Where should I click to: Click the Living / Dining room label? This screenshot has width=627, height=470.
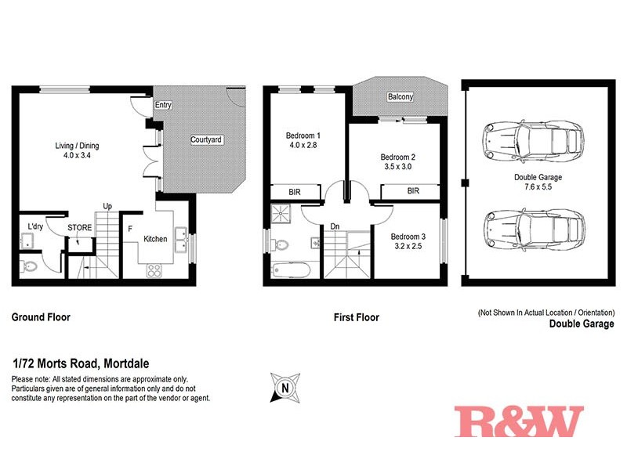77,146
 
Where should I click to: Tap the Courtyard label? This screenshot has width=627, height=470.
207,140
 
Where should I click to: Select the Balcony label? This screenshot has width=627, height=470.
400,97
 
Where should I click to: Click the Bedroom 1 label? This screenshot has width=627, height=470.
303,136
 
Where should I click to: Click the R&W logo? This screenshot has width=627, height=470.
519,421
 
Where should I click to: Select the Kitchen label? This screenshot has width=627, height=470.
154,239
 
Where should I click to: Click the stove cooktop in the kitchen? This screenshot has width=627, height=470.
154,272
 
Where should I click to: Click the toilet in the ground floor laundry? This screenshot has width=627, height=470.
29,266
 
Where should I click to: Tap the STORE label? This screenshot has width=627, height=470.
79,229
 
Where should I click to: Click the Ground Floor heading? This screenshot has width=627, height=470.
41,317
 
